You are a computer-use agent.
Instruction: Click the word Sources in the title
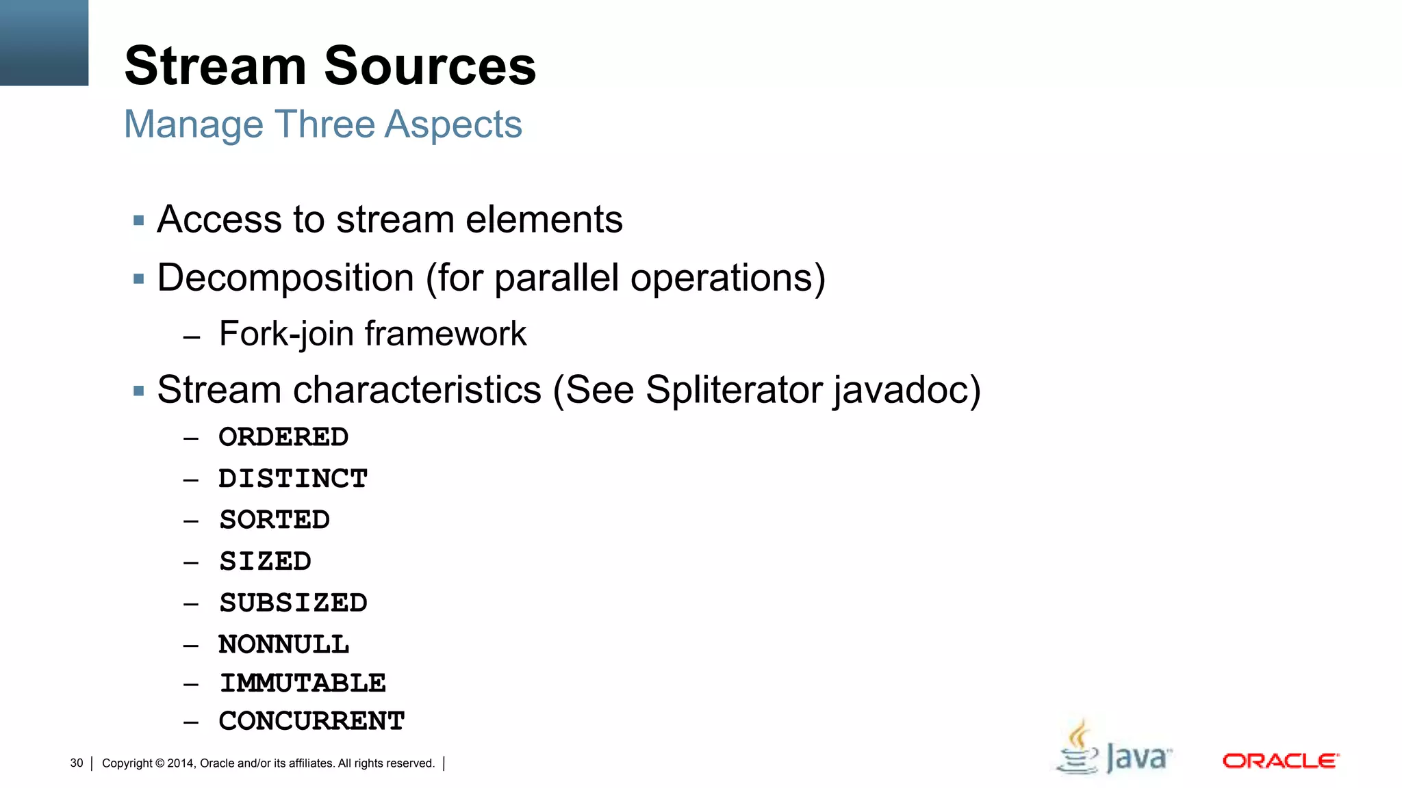(430, 66)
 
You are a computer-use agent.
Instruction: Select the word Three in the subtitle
(324, 124)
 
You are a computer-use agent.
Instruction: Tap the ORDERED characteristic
(283, 437)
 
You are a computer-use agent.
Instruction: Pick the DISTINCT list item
(293, 479)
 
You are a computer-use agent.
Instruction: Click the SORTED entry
(275, 520)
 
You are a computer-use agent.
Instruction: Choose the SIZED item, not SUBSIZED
(265, 562)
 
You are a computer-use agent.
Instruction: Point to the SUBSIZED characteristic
(293, 603)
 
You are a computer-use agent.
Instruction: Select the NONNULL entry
(283, 644)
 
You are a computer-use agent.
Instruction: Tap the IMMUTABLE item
(303, 683)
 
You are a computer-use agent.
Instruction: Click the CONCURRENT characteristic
(311, 721)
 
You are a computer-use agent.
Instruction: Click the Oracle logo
(1280, 761)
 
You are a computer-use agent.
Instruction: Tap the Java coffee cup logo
(1079, 749)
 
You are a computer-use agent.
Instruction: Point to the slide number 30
(77, 763)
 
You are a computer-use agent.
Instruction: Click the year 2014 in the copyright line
(181, 763)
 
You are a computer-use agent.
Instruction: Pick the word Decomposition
(285, 278)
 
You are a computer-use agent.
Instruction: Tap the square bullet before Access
(139, 221)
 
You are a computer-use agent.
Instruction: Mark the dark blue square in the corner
(44, 42)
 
